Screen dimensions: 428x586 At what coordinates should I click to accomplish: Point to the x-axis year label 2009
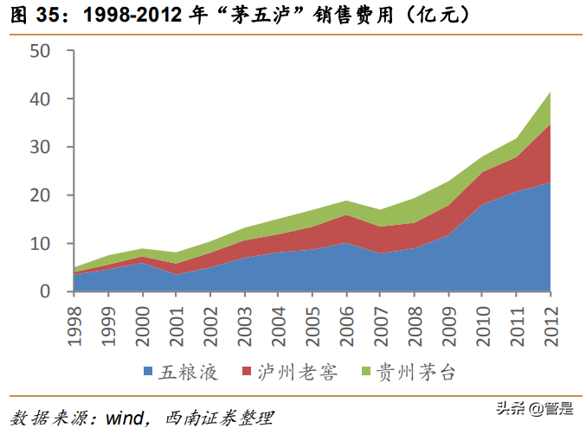click(x=449, y=321)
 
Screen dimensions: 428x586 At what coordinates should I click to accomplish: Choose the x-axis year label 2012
click(x=551, y=321)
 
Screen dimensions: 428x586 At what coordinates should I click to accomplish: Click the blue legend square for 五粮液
click(x=148, y=374)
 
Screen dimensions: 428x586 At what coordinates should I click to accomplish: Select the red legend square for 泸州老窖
click(x=248, y=374)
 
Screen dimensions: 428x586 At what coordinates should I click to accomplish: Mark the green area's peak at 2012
click(x=551, y=93)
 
